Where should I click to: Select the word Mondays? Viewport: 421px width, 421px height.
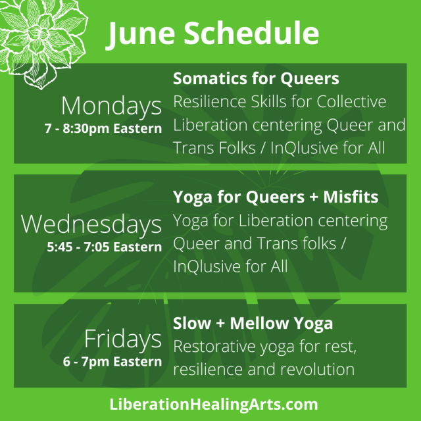(111, 106)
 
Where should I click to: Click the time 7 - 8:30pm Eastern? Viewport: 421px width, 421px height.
(103, 128)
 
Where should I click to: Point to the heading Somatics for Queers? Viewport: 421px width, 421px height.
(256, 79)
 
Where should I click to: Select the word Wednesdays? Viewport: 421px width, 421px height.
(91, 224)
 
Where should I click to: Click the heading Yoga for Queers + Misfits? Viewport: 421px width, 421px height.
(276, 197)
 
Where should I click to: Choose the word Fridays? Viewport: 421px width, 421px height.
(122, 339)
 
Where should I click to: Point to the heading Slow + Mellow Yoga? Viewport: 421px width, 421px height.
(253, 324)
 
